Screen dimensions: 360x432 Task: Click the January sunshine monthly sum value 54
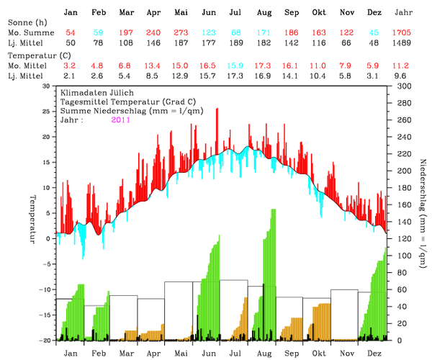(x=71, y=34)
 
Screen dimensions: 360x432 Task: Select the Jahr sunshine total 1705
(x=404, y=34)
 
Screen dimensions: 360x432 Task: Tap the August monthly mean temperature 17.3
(x=264, y=65)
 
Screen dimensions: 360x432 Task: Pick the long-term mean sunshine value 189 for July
(x=235, y=43)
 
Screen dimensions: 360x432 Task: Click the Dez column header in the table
(x=374, y=13)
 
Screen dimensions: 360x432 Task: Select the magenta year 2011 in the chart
(x=122, y=120)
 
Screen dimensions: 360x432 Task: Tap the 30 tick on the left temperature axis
(x=45, y=86)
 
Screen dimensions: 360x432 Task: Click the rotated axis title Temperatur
(x=32, y=218)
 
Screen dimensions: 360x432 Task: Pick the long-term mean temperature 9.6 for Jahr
(x=404, y=74)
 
